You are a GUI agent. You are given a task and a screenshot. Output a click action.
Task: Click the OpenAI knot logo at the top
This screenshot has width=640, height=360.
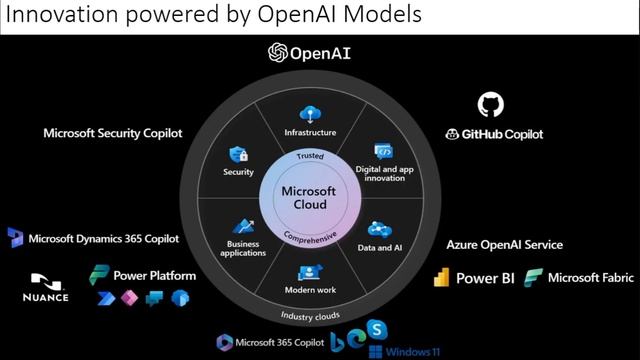point(278,53)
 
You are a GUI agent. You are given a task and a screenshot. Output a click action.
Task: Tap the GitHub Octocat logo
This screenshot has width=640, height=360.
point(491,104)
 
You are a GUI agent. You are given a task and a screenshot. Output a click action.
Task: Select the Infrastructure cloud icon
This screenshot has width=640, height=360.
point(310,114)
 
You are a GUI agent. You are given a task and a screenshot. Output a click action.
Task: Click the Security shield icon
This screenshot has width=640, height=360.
point(239,155)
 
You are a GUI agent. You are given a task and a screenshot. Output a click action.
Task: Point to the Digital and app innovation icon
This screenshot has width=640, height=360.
point(384,151)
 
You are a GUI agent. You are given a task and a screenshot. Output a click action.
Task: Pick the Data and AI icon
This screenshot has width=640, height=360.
point(380,230)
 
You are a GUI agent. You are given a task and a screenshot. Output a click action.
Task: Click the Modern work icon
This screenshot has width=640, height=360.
point(310,273)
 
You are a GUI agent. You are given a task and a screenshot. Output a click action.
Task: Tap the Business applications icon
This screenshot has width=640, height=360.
point(244,227)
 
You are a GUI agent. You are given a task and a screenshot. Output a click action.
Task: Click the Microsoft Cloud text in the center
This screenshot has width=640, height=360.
point(309,198)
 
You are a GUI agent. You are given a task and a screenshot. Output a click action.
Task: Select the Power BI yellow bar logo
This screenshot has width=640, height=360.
point(442,278)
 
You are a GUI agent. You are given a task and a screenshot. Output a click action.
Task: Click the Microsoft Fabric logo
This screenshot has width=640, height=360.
point(533,278)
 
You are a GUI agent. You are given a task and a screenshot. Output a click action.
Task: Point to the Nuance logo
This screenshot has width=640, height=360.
point(46,288)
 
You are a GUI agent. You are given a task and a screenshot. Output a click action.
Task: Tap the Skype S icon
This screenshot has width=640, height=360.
point(377,329)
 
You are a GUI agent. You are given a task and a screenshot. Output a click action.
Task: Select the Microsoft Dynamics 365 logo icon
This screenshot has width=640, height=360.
point(16,238)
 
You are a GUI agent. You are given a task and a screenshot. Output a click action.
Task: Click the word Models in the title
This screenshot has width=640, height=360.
point(382,14)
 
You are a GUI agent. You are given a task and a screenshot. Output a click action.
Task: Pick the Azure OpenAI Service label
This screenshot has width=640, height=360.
point(504,245)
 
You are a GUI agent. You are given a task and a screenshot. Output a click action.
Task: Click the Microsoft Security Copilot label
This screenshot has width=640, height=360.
point(113,133)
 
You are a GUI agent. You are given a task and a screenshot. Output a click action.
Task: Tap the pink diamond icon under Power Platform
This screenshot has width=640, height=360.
point(129,298)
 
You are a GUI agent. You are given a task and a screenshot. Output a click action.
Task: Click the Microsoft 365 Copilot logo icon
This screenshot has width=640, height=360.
point(224,343)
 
